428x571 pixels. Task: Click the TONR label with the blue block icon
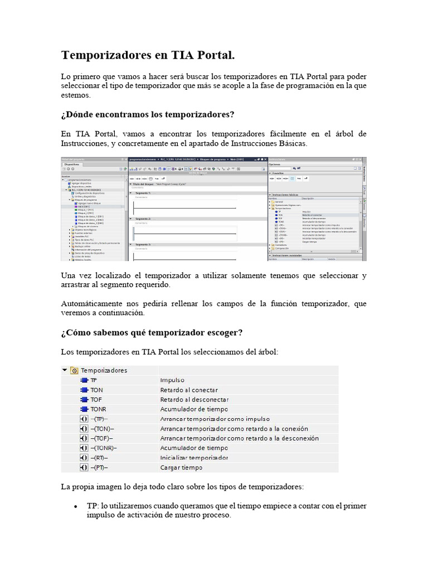pos(98,409)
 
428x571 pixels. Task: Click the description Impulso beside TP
pos(172,380)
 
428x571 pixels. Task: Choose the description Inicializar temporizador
pos(194,457)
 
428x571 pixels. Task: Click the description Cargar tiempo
pos(182,467)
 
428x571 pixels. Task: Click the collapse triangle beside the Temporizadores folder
pos(65,370)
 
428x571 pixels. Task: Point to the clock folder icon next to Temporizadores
pos(74,370)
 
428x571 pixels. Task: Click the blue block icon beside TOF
pos(84,399)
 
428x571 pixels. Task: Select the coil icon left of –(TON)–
pos(84,428)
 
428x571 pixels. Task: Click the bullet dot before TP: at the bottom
pos(75,506)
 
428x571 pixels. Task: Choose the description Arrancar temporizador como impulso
pos(215,419)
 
